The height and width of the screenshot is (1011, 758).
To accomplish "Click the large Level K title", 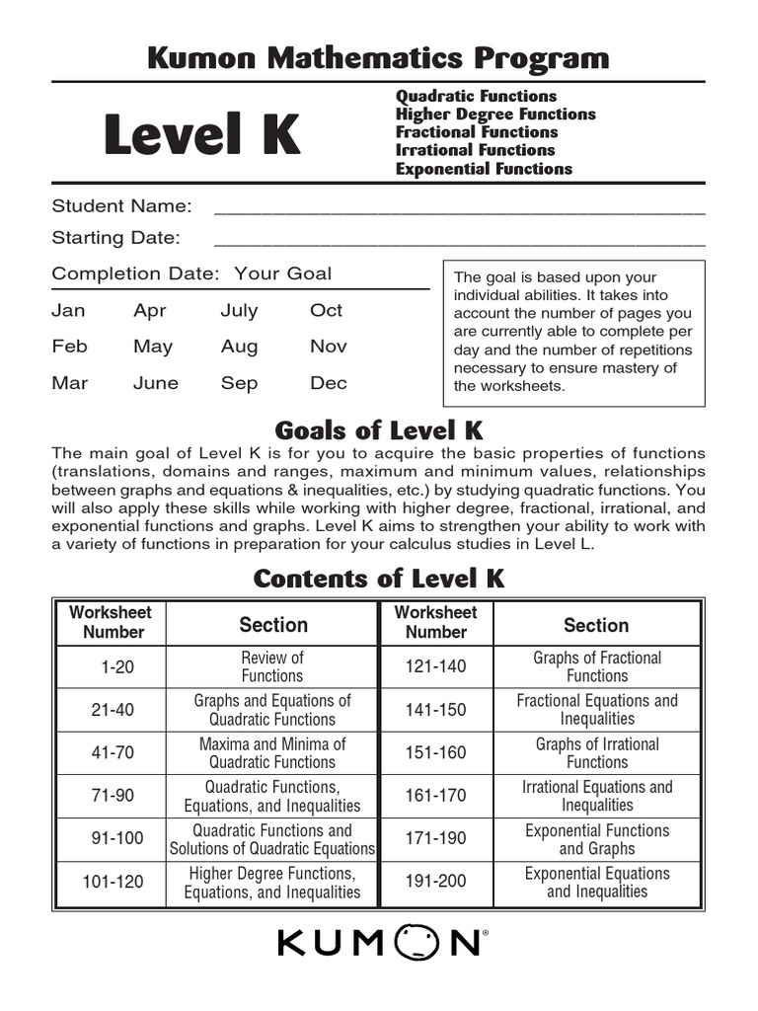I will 201,135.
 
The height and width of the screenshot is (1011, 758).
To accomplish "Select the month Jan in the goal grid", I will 68,310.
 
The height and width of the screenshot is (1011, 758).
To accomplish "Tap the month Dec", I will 329,383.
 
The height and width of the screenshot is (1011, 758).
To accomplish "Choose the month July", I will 239,310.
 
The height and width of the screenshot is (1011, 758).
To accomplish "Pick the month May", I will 153,347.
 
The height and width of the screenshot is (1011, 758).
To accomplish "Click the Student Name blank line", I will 459,209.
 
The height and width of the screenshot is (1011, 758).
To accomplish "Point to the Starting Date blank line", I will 459,241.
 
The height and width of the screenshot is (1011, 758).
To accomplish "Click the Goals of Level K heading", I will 378,430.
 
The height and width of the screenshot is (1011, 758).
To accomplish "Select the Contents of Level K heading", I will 378,579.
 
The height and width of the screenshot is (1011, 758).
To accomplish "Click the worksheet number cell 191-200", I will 435,883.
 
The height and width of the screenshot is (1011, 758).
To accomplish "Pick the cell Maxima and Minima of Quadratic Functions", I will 272,753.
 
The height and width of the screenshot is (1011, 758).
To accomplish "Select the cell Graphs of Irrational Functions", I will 597,753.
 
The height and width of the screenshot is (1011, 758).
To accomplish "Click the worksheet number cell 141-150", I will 435,710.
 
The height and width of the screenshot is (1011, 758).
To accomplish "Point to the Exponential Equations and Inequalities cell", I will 597,883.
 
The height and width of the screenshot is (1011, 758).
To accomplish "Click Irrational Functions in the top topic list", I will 475,150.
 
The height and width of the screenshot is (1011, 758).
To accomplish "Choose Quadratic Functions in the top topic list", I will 476,96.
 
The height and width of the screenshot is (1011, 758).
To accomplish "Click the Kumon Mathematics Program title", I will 378,58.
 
